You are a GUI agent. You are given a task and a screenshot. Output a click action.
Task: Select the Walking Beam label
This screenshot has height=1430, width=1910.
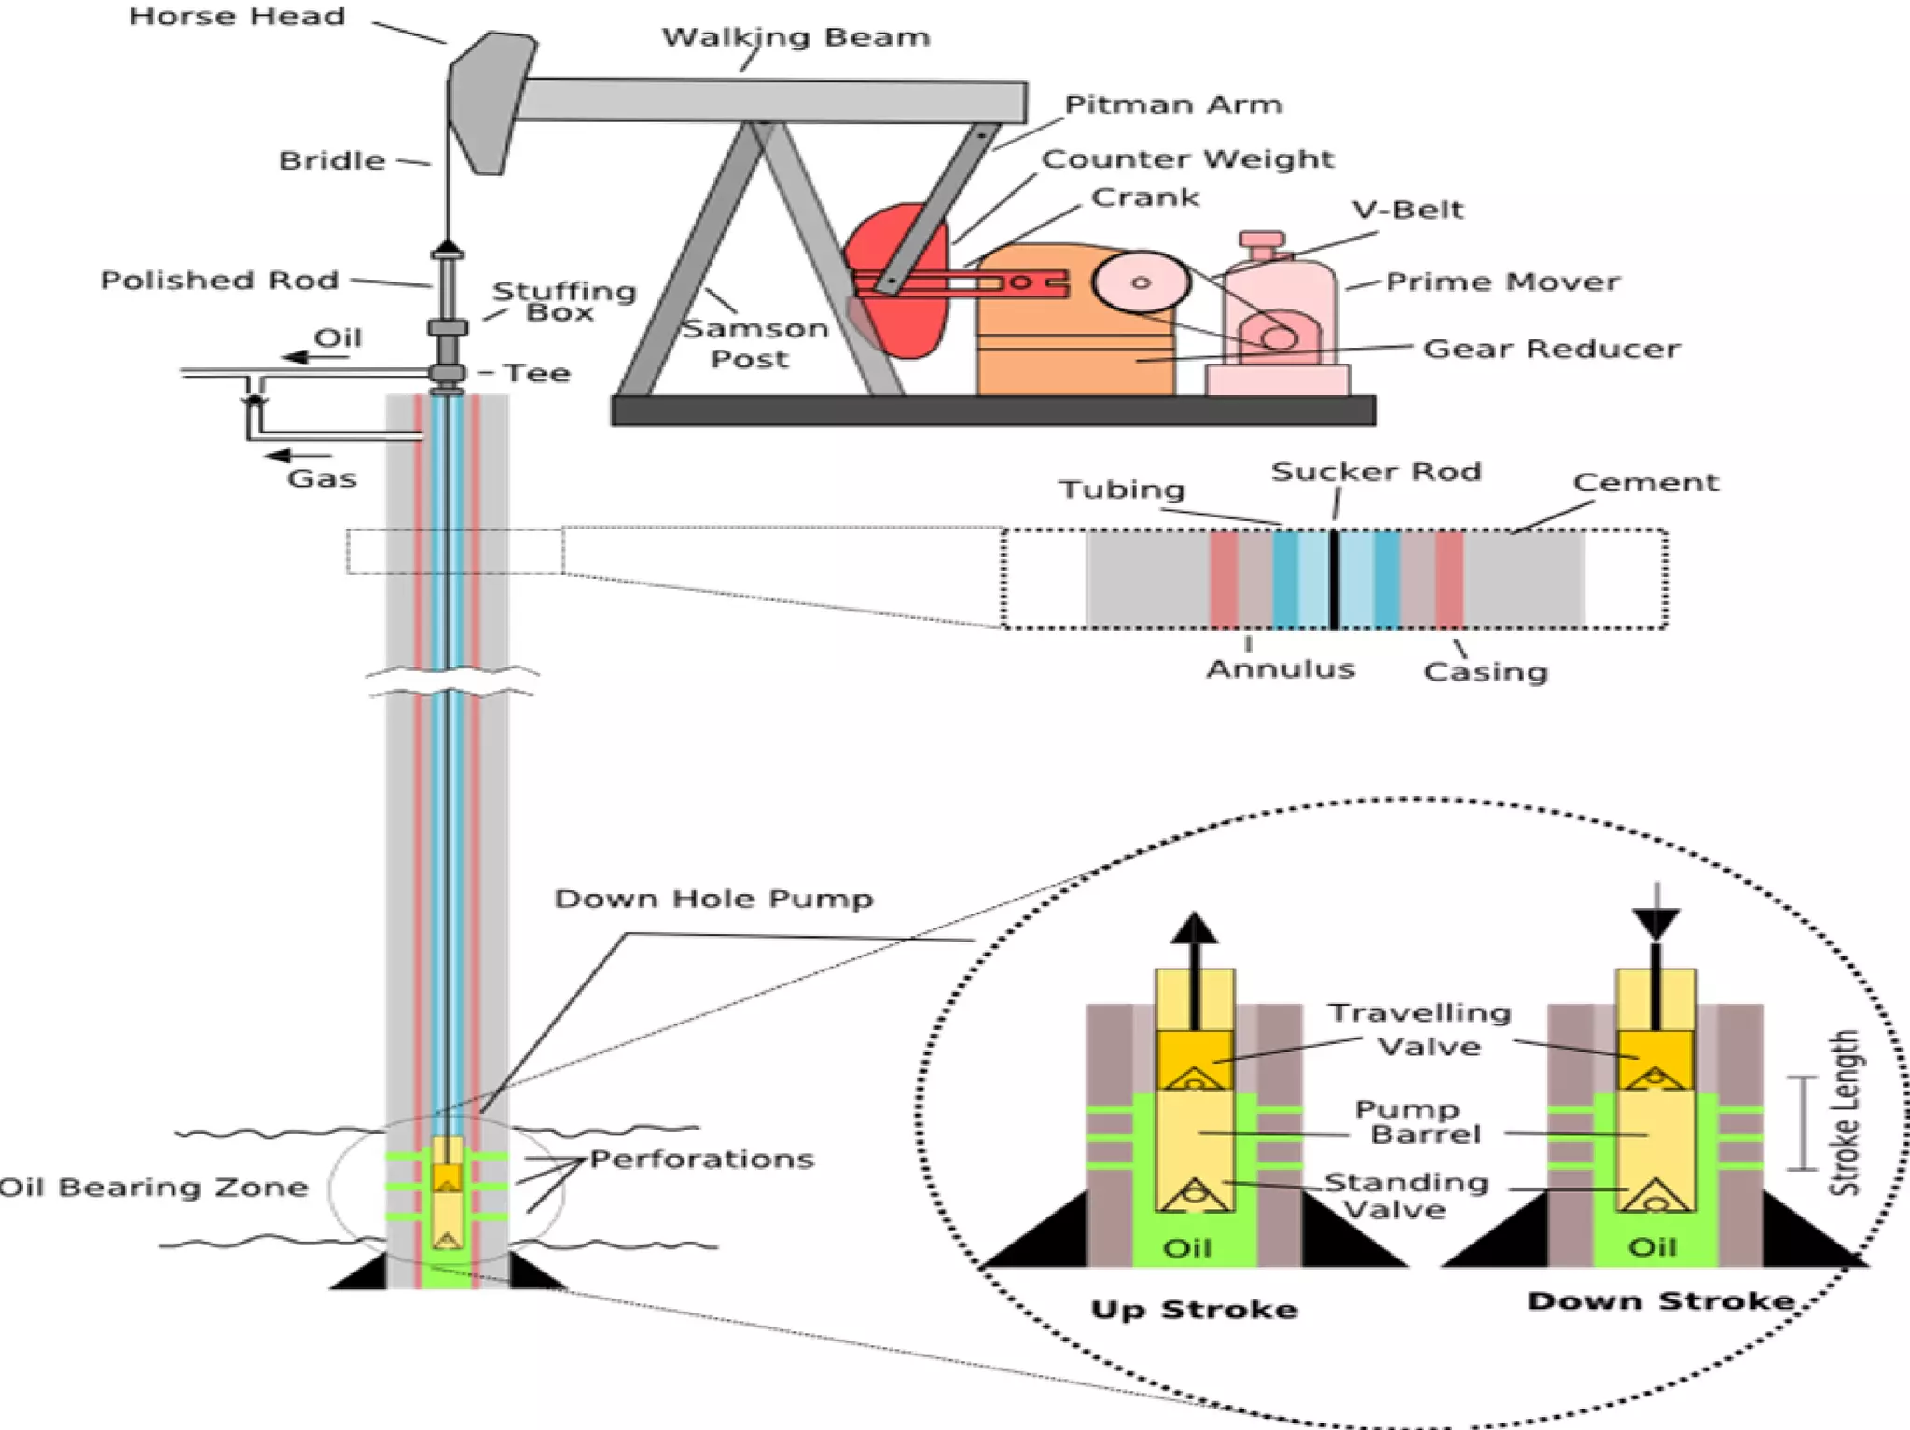796,37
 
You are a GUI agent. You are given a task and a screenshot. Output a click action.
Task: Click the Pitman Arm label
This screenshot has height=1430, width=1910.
1173,104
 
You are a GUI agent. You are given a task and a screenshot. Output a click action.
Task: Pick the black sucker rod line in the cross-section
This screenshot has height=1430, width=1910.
1335,578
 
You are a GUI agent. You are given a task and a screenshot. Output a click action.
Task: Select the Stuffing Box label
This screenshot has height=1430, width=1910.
563,301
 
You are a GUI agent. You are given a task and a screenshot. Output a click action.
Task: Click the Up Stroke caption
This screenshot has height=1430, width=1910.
1195,1309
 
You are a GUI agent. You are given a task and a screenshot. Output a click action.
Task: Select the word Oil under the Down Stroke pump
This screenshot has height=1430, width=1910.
1652,1246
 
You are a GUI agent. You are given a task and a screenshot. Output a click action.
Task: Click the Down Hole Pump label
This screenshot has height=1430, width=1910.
713,899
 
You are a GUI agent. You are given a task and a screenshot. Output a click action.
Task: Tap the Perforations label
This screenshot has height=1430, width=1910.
701,1159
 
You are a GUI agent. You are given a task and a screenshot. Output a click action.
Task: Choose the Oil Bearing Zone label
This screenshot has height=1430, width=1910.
154,1188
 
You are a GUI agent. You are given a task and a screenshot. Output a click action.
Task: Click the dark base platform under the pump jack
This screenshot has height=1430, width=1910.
993,411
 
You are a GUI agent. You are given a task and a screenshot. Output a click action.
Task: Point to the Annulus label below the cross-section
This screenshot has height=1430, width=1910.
1280,668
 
